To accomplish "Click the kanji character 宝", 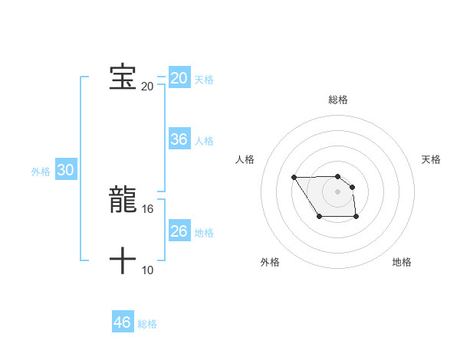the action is pos(123,77).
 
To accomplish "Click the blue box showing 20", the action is pos(179,78).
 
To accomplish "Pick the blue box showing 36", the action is pos(179,139).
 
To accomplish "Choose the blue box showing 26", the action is pos(179,231).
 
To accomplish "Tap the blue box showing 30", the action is pos(66,171).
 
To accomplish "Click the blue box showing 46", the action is pos(123,322).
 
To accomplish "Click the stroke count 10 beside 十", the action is pos(148,270).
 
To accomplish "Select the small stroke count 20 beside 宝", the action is pos(147,86).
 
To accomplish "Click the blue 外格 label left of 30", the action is pos(41,172).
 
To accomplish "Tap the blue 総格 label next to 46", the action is pos(147,324).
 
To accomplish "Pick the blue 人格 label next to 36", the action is pos(204,141).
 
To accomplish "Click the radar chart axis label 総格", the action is pos(338,100).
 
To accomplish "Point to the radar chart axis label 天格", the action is pos(431,159).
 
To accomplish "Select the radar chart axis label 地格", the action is pos(402,262).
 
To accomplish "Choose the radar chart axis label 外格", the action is pos(270,262).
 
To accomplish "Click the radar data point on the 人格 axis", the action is pos(294,178).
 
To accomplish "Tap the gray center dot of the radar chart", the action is pos(338,191).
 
